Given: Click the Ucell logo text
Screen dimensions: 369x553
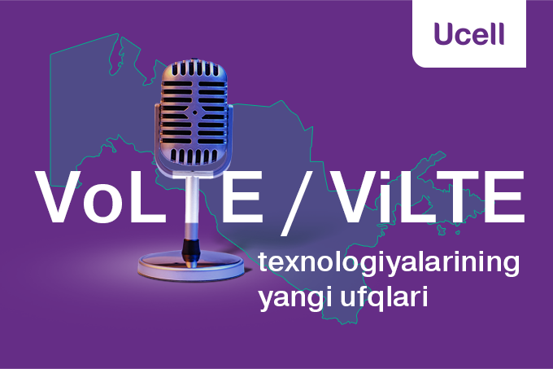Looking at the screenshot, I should click(x=469, y=33).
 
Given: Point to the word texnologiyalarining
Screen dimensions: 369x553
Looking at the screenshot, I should click(x=388, y=265).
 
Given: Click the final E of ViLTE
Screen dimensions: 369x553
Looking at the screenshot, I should click(x=503, y=197).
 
